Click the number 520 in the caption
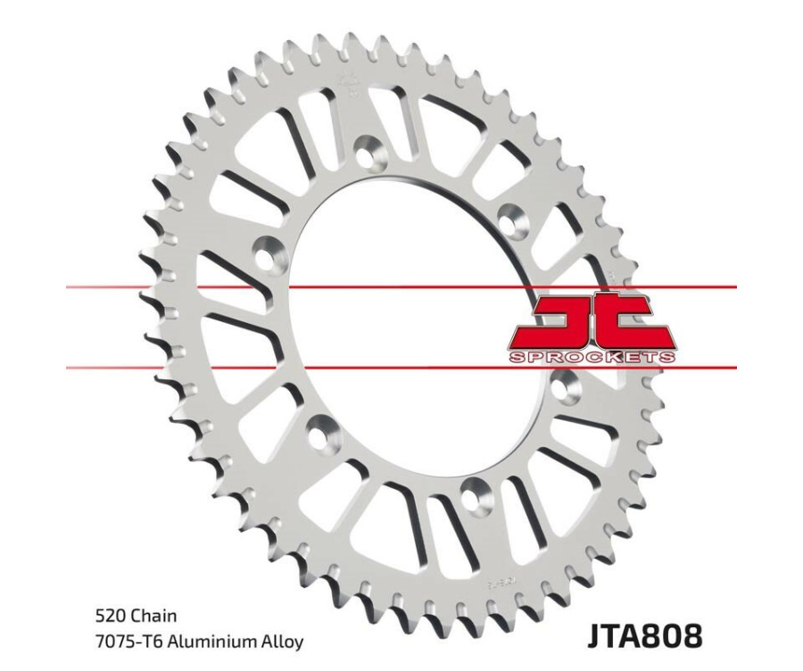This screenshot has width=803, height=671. pyautogui.click(x=112, y=616)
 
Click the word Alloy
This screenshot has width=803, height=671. pyautogui.click(x=283, y=642)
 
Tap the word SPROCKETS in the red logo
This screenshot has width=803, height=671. pyautogui.click(x=591, y=357)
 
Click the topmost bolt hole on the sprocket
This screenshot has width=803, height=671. pyautogui.click(x=367, y=147)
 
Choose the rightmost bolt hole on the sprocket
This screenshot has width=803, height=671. pyautogui.click(x=563, y=385)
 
